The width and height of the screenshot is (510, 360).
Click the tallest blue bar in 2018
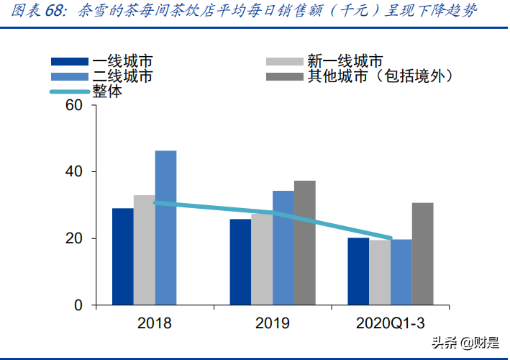point(165,228)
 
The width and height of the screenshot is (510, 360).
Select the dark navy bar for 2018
point(122,256)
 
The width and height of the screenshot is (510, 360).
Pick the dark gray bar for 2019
point(304,243)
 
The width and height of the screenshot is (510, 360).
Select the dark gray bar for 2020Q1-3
point(422,253)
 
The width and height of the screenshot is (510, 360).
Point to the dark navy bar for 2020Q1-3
point(358,271)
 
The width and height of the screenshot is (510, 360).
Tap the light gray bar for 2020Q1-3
point(380,272)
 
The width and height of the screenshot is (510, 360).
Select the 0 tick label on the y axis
point(78,305)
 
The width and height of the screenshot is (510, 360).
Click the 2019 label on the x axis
point(273,323)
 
